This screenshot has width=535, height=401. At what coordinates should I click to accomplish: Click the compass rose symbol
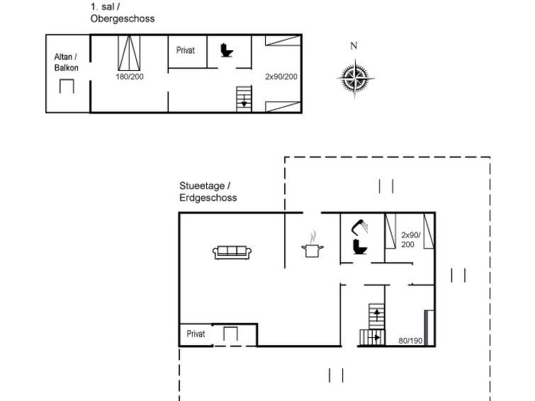[x=355, y=79]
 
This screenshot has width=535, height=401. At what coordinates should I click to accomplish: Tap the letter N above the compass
[x=354, y=46]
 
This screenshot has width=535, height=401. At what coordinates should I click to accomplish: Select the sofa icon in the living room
[x=232, y=252]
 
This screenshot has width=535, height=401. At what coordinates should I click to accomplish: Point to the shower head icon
[x=360, y=227]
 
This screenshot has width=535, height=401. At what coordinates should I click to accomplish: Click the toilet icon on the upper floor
[x=226, y=50]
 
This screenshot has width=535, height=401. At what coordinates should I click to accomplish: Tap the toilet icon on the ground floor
[x=360, y=247]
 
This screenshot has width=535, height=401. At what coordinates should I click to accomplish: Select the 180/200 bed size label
[x=130, y=77]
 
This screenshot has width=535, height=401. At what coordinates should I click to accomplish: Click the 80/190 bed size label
[x=410, y=341]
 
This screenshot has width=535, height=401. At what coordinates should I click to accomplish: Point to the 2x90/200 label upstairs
[x=281, y=77]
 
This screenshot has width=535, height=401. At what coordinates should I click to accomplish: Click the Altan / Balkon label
[x=66, y=62]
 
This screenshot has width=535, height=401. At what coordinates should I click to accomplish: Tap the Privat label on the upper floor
[x=185, y=50]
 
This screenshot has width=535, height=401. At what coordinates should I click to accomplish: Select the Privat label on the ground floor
[x=196, y=334]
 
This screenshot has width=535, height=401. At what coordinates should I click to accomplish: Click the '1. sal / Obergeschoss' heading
[x=123, y=13]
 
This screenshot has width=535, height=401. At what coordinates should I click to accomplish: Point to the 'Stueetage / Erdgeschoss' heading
[x=208, y=191]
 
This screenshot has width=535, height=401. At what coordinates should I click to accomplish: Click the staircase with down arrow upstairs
[x=244, y=99]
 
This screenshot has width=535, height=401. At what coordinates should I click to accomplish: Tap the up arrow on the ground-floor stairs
[x=377, y=315]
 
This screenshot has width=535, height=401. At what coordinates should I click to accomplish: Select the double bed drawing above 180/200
[x=129, y=53]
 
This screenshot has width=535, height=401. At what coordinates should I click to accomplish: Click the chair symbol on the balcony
[x=67, y=86]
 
